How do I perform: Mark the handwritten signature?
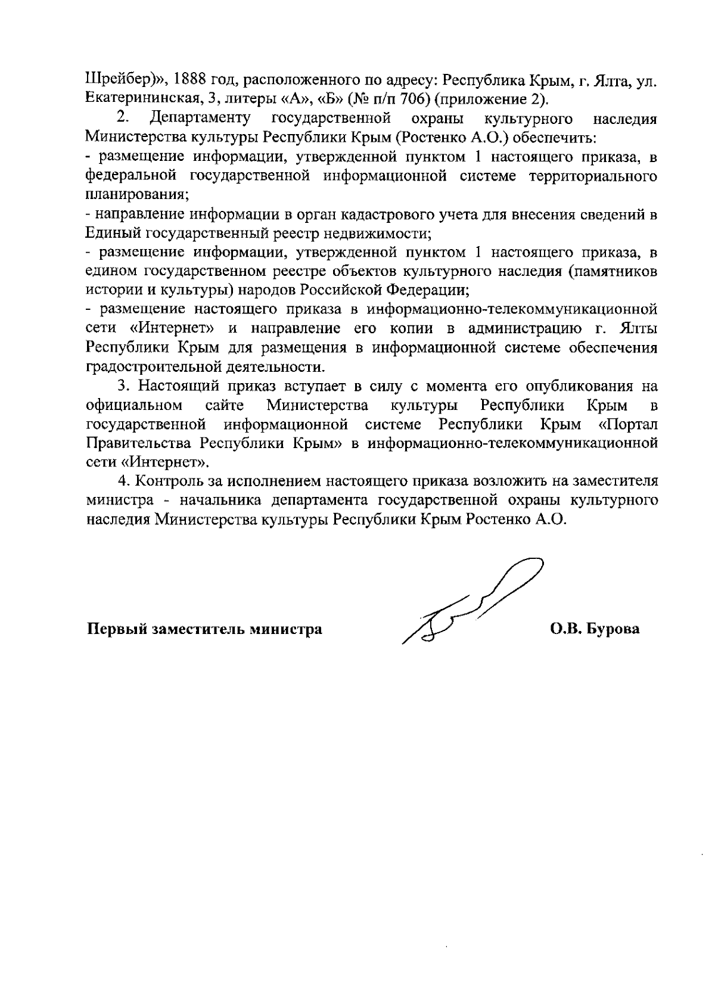[x=471, y=602]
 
